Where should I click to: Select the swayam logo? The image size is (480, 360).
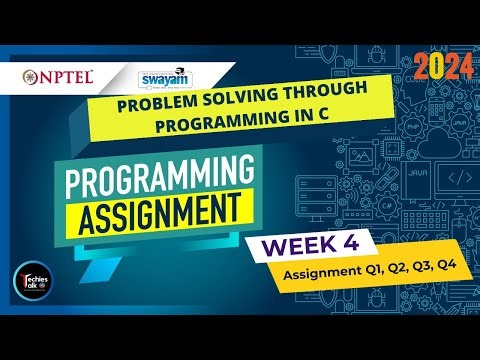coord(172,78)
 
